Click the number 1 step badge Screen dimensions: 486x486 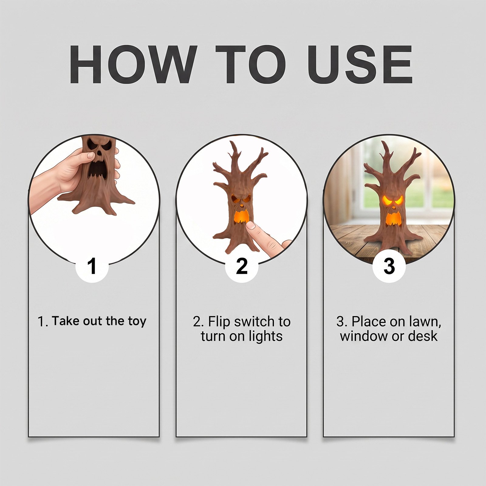[92, 266]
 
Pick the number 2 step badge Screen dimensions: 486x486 [242, 266]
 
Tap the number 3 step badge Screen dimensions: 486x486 [389, 266]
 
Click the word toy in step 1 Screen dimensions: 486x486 [137, 322]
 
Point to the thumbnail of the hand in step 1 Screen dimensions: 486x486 [91, 156]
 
